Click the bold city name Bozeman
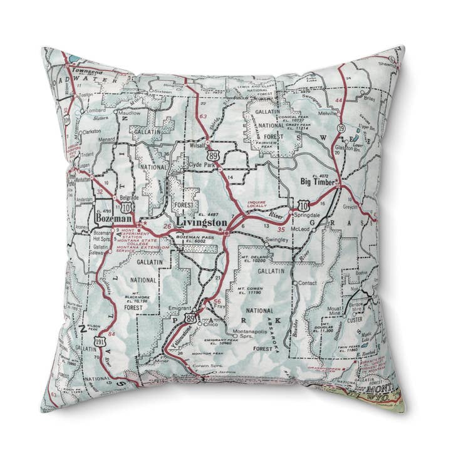tap(113, 219)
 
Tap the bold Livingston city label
tap(202, 222)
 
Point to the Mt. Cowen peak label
tap(248, 289)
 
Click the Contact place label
tap(308, 284)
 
